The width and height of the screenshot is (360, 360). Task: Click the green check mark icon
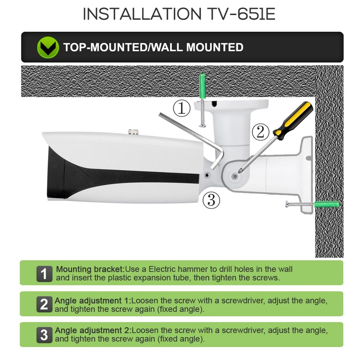click(48, 47)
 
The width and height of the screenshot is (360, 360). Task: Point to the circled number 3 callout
click(211, 200)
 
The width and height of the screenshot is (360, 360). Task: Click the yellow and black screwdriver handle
click(294, 120)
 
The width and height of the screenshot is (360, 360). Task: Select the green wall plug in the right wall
click(327, 204)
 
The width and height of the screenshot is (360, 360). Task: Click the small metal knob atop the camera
click(133, 132)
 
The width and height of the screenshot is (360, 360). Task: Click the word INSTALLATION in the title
click(141, 14)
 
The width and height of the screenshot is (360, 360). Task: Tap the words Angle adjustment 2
click(93, 331)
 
